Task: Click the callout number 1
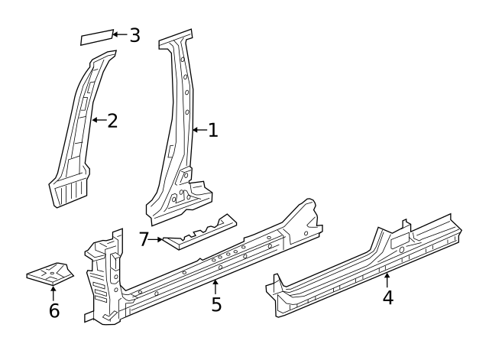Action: pos(213,131)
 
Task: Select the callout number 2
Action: pos(112,121)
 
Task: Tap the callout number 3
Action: pos(134,35)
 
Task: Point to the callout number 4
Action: pos(388,297)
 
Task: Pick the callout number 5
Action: pos(216,304)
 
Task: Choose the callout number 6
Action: pos(53,310)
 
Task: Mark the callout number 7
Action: pos(144,239)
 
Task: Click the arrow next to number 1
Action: pos(199,131)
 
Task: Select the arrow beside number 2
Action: pos(98,120)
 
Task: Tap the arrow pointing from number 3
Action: pos(119,34)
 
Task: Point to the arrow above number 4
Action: pos(387,280)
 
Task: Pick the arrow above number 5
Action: pos(216,287)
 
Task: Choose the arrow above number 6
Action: pos(53,292)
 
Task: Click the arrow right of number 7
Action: pos(157,239)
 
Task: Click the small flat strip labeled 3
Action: pos(96,38)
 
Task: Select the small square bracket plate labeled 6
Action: pos(50,272)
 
